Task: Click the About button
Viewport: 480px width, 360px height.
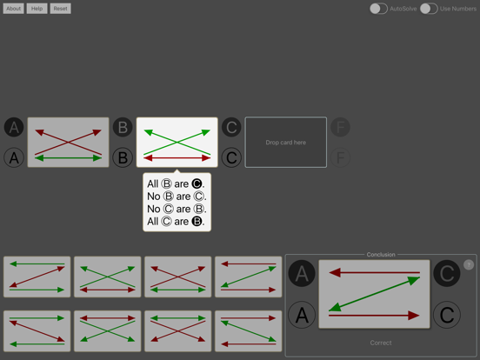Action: (x=14, y=9)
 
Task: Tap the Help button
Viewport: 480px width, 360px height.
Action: (x=37, y=9)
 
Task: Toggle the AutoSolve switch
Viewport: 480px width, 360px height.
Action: (x=378, y=9)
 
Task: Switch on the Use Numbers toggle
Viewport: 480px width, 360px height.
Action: (x=429, y=9)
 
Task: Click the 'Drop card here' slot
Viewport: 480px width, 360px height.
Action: (x=286, y=143)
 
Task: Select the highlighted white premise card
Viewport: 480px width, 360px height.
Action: (x=177, y=143)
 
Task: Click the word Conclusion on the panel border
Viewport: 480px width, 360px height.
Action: (x=381, y=255)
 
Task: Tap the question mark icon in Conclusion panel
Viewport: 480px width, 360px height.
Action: (x=469, y=264)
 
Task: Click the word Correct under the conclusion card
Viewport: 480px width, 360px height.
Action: (x=381, y=343)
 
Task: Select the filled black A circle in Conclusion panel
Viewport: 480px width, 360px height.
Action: (x=302, y=275)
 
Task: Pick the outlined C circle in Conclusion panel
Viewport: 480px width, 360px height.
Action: (x=447, y=314)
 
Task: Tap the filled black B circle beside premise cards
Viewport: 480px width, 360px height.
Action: (x=123, y=128)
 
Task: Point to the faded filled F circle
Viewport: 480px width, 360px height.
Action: (x=341, y=128)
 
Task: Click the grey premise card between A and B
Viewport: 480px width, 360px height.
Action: (x=68, y=143)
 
